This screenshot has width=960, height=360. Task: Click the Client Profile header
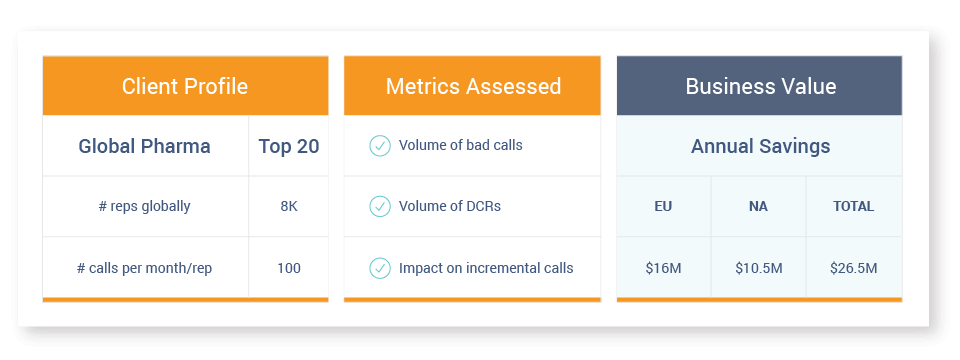click(185, 86)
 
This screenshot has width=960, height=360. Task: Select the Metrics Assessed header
click(473, 86)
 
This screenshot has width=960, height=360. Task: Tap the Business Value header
click(760, 86)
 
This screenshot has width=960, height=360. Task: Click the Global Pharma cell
click(144, 146)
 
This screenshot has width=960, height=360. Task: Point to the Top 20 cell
click(288, 146)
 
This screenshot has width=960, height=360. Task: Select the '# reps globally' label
click(144, 206)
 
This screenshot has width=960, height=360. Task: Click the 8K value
click(289, 206)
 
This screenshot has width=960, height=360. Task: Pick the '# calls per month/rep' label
click(144, 268)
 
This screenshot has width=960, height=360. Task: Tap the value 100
click(289, 268)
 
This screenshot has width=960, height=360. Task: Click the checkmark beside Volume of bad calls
click(380, 146)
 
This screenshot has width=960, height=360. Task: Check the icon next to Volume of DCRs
click(380, 206)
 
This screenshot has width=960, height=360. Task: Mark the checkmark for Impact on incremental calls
click(380, 268)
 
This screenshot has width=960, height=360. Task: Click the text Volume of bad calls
click(461, 146)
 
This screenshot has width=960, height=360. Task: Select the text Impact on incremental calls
click(486, 268)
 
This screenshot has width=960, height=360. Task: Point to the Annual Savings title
click(760, 146)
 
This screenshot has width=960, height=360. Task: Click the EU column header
click(663, 206)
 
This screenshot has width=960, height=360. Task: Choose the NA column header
click(758, 206)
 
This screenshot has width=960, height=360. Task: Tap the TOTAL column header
click(853, 206)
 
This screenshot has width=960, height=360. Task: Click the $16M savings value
click(663, 268)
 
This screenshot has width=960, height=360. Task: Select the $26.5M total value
click(853, 268)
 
